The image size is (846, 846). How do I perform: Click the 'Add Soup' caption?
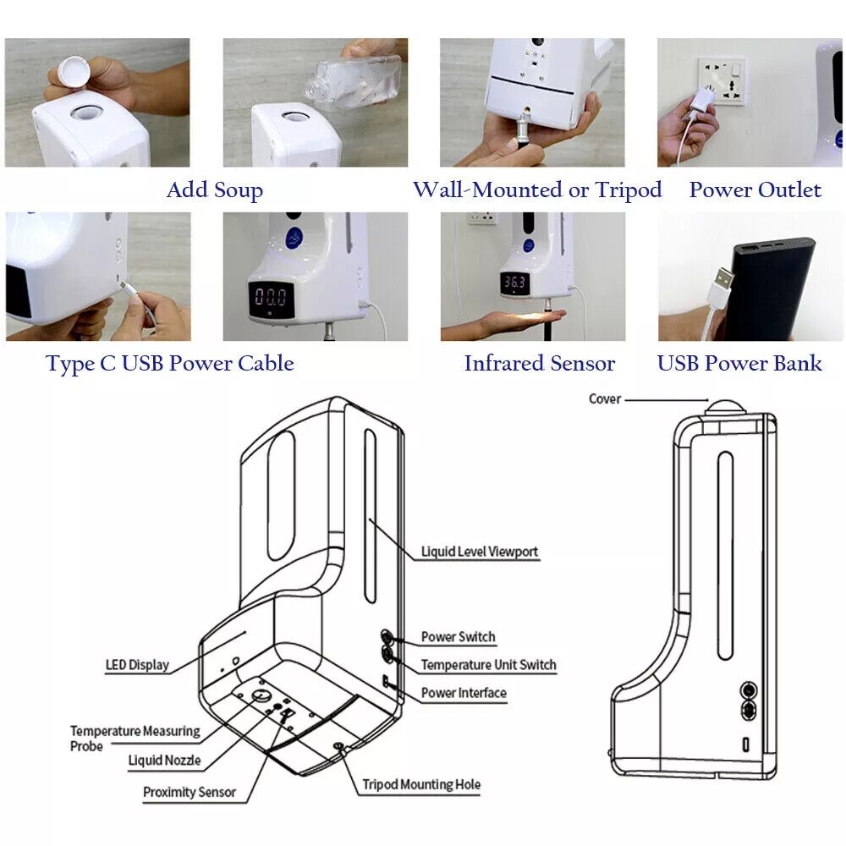tap(214, 190)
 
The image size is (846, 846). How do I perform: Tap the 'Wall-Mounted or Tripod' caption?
tap(537, 190)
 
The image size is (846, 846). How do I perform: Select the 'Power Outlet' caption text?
tap(755, 190)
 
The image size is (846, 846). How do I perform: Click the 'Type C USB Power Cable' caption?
tap(170, 364)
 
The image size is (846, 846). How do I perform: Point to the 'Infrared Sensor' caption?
tap(539, 364)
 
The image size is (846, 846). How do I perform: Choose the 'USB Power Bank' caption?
tap(739, 364)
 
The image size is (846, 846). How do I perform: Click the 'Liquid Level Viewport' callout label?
tap(480, 552)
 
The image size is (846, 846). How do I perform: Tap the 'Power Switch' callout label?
tap(458, 636)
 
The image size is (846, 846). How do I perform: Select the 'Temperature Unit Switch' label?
tap(488, 665)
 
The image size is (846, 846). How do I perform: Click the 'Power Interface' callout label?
tap(464, 693)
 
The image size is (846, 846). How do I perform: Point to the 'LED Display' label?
tap(136, 665)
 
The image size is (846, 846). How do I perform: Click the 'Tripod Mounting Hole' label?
tap(420, 784)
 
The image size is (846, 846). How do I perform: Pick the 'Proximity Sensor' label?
tap(189, 793)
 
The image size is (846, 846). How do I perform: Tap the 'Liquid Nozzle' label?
tap(164, 761)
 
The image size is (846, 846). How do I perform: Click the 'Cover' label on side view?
tap(604, 398)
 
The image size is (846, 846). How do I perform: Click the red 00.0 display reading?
tap(271, 297)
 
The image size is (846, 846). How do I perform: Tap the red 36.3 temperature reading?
tap(515, 283)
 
